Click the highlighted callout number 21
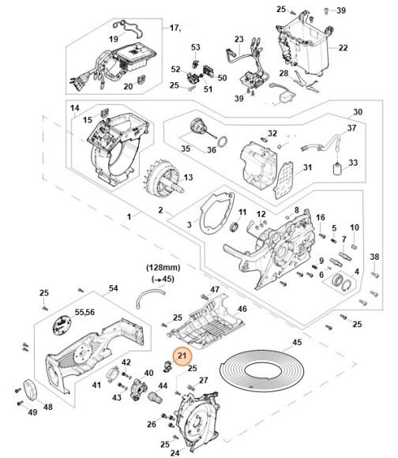pyautogui.click(x=183, y=357)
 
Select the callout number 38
pyautogui.click(x=375, y=257)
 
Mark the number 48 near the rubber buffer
pyautogui.click(x=47, y=407)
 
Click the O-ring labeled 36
pyautogui.click(x=223, y=143)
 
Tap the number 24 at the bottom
pyautogui.click(x=175, y=453)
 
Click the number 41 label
pyautogui.click(x=96, y=385)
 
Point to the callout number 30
pyautogui.click(x=356, y=111)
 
